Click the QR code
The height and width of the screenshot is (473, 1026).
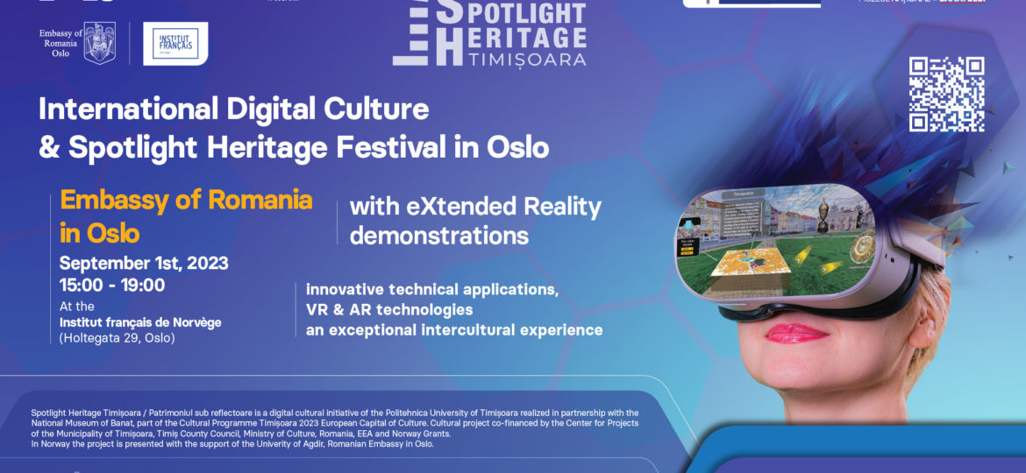click(946, 94)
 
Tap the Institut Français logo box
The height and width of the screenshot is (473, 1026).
click(175, 43)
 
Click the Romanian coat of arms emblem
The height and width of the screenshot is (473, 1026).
click(99, 44)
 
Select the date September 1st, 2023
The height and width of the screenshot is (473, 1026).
click(144, 263)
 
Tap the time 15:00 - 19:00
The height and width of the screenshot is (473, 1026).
click(112, 285)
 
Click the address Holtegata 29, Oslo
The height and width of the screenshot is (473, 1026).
click(117, 338)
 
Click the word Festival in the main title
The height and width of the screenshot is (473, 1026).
click(391, 147)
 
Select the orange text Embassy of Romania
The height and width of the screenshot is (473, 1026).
click(186, 200)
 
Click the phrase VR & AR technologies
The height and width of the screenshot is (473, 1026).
click(389, 309)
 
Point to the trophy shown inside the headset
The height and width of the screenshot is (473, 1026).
click(824, 215)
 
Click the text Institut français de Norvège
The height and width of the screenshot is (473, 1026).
click(140, 322)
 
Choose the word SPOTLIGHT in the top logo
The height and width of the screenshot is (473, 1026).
click(510, 12)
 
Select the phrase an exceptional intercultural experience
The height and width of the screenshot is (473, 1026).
click(454, 330)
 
